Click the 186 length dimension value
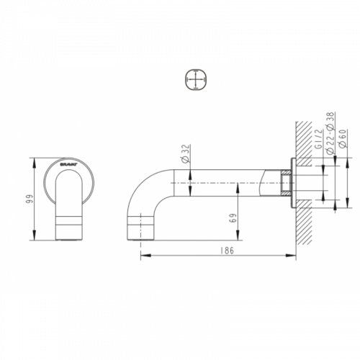(x=227, y=251)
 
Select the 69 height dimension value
(x=233, y=218)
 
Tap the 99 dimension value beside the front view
(x=29, y=199)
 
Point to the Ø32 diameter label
(x=186, y=154)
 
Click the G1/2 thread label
(x=318, y=139)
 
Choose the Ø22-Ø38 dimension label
(x=330, y=133)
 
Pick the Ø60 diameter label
(x=343, y=138)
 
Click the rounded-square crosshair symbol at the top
(x=196, y=80)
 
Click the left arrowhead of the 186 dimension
(x=145, y=256)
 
